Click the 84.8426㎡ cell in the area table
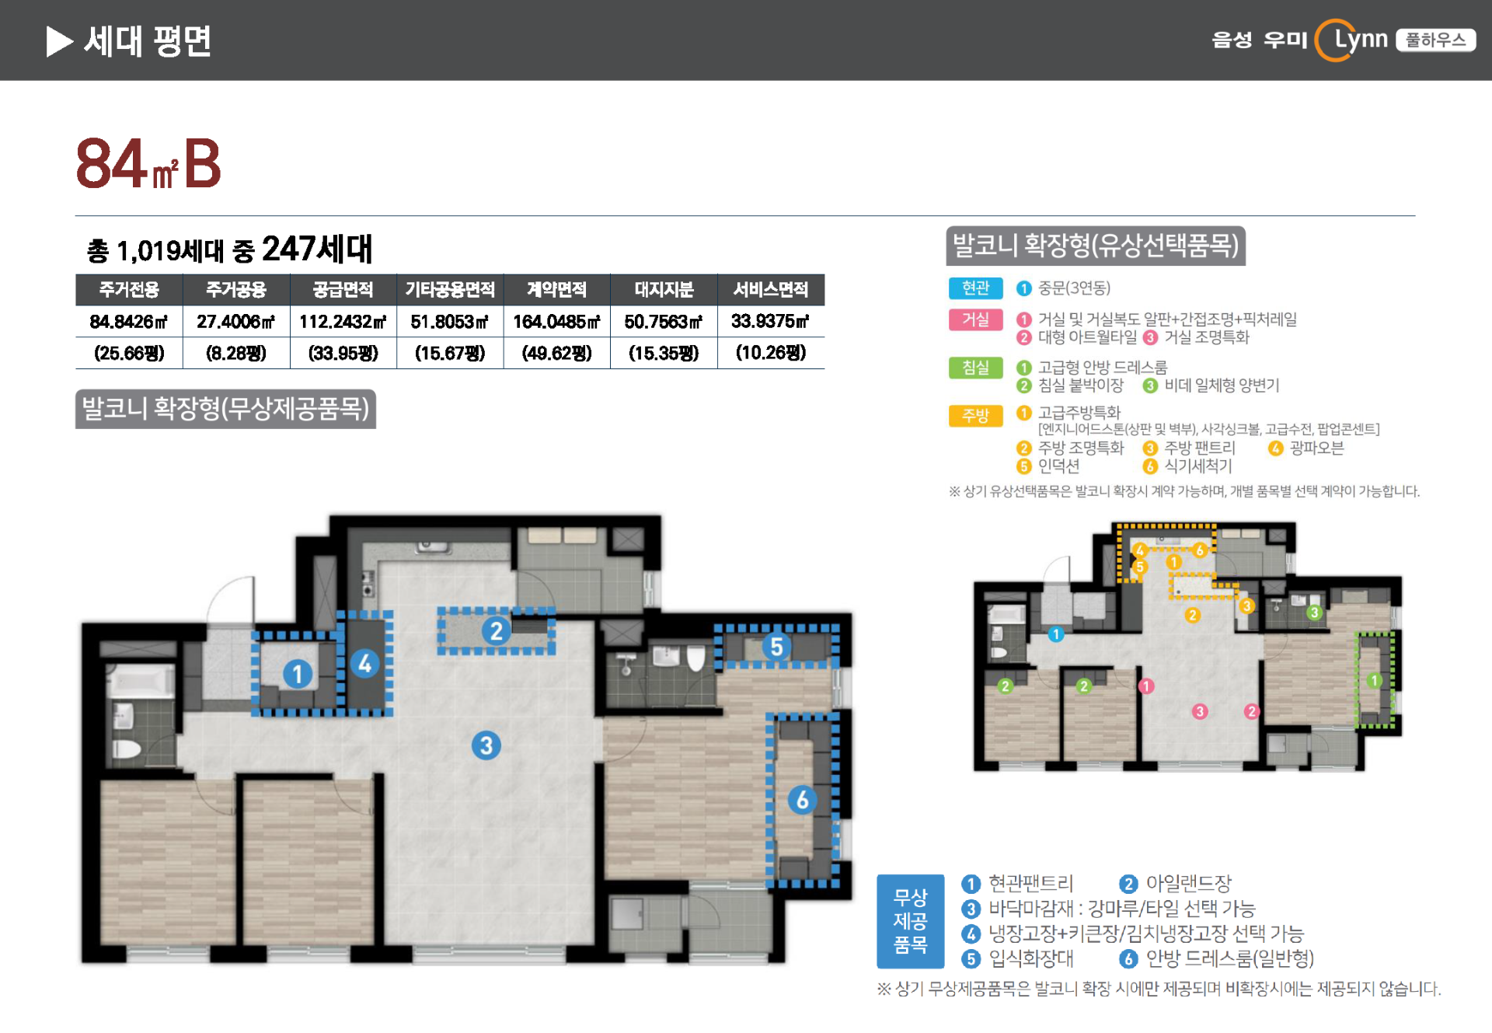coord(129,322)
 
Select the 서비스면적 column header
coord(771,290)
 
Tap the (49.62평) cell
coord(556,354)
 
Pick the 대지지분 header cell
coord(664,290)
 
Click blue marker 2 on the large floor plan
coord(496,631)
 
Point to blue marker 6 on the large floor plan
coord(802,799)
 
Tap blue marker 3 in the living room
coord(486,745)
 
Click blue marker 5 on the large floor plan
coord(776,646)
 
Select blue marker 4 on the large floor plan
coord(364,664)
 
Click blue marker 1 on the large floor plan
coord(297,674)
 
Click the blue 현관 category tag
coord(975,288)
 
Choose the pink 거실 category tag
coord(975,320)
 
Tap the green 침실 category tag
coord(975,368)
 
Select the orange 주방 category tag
coord(975,416)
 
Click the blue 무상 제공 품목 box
coord(910,921)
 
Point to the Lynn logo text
coord(1361,39)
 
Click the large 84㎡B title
coord(148,163)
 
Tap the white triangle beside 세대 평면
coord(59,41)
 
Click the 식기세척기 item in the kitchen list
coord(1197,466)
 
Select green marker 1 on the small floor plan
coord(1374,681)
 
